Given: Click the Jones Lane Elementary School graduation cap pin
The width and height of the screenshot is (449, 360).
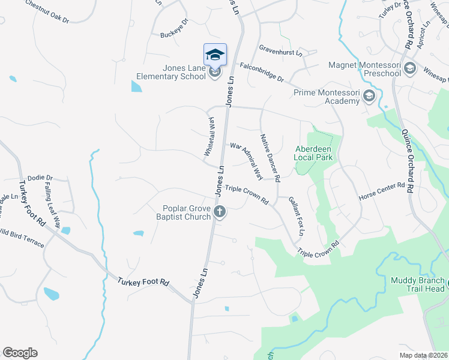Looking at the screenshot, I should click(x=215, y=56).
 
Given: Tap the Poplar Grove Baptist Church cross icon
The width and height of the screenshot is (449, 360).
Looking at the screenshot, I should click(x=220, y=211).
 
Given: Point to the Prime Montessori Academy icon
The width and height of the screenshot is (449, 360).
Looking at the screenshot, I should click(x=369, y=97).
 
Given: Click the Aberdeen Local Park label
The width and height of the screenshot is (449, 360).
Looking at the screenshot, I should click(x=313, y=153).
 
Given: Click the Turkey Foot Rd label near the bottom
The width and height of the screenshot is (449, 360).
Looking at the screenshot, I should click(x=143, y=281).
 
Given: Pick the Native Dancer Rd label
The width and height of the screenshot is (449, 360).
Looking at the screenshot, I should click(x=270, y=157).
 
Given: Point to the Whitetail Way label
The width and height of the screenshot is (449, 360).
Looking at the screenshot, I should click(x=208, y=137).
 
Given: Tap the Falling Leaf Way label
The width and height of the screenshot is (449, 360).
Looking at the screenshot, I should click(x=52, y=205).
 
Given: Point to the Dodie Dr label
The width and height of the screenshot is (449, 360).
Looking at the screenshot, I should click(x=40, y=178).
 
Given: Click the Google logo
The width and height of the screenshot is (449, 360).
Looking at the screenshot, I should click(x=20, y=353).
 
